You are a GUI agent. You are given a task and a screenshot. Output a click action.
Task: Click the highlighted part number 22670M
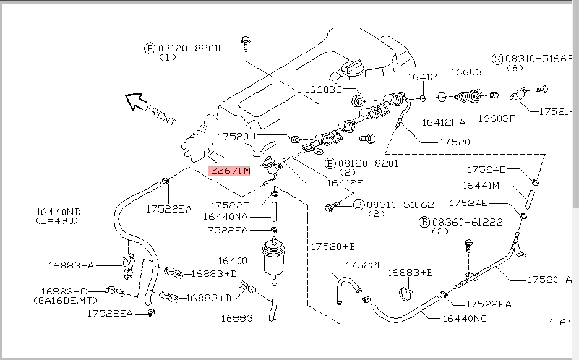(x=229, y=171)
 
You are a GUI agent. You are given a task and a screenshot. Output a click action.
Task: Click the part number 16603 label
(x=466, y=72)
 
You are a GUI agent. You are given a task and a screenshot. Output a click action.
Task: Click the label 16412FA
(x=442, y=122)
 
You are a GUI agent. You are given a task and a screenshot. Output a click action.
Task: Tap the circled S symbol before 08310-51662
(x=497, y=59)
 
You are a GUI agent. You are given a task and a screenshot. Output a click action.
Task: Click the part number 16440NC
(x=464, y=319)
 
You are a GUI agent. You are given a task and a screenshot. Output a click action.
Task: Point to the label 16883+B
(x=410, y=272)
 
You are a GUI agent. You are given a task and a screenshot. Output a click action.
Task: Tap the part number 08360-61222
(x=461, y=221)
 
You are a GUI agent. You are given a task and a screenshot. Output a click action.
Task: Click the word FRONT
(x=161, y=115)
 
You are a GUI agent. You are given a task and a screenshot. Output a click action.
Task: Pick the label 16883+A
(x=71, y=265)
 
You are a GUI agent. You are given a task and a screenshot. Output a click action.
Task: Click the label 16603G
(x=322, y=90)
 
